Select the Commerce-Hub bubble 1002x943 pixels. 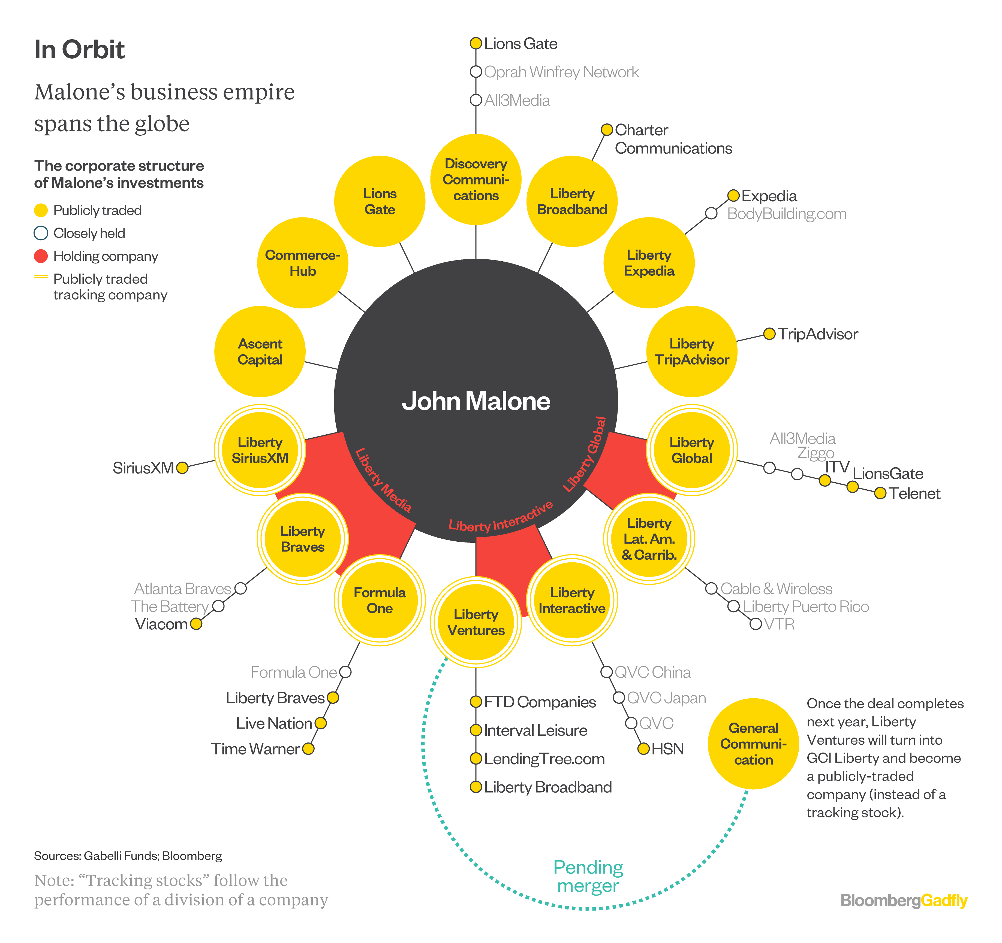[302, 263]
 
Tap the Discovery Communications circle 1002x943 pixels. [476, 179]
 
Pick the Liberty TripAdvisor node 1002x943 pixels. [691, 351]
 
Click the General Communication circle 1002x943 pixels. [753, 744]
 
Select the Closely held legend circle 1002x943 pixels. [41, 233]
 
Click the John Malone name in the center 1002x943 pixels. [476, 401]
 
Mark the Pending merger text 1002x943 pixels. [588, 877]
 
